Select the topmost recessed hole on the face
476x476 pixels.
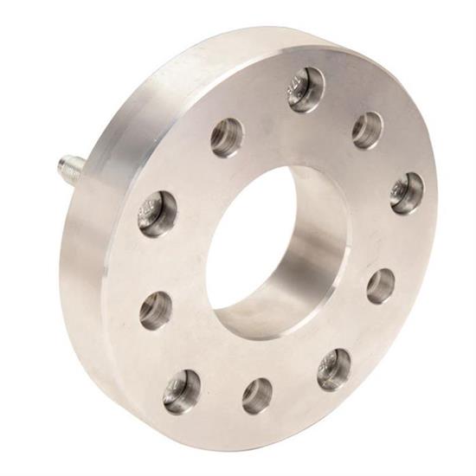(x=306, y=88)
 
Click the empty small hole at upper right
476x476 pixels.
(x=367, y=130)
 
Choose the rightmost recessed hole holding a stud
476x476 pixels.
(x=407, y=193)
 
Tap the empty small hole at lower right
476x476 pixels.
(x=381, y=286)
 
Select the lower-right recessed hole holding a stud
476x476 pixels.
(x=334, y=369)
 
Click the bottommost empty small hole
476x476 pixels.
(x=257, y=396)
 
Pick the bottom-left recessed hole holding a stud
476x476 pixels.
(x=182, y=391)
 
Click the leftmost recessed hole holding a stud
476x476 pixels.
(x=158, y=212)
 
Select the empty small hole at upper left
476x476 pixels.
(x=228, y=136)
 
